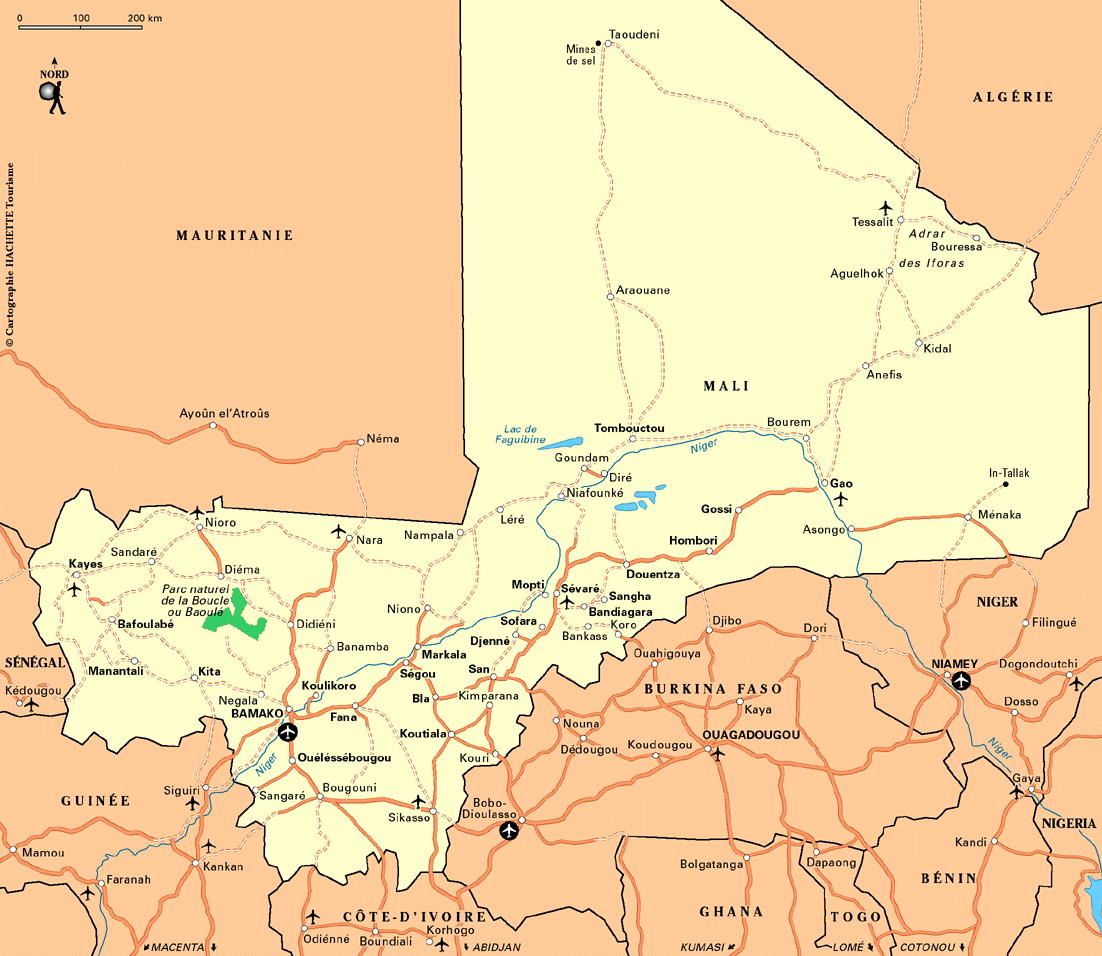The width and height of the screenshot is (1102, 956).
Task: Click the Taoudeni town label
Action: tap(634, 34)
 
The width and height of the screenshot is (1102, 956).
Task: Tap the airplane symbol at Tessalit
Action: tap(885, 207)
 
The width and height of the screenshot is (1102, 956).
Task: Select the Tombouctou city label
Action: tap(629, 428)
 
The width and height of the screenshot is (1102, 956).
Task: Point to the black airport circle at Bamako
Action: tap(289, 732)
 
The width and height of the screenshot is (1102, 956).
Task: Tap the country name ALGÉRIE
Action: tap(1013, 97)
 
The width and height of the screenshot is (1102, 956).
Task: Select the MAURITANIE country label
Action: tap(235, 236)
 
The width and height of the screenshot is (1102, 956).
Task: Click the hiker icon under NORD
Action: tap(52, 96)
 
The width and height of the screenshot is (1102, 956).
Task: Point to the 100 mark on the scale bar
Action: tap(82, 19)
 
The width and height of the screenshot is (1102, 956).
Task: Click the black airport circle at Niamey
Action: tap(961, 681)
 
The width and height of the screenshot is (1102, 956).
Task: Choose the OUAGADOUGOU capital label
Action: tap(751, 735)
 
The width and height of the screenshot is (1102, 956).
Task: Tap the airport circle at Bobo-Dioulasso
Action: tap(510, 830)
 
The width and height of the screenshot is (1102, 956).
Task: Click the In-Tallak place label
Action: tap(1009, 473)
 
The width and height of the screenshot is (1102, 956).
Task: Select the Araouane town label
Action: tap(643, 290)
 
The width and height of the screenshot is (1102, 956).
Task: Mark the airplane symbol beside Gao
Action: tap(841, 498)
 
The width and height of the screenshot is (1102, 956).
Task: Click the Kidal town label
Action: tap(938, 348)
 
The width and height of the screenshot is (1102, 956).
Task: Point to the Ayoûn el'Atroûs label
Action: tap(224, 413)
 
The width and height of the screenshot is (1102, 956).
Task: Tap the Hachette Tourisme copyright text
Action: tap(10, 255)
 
